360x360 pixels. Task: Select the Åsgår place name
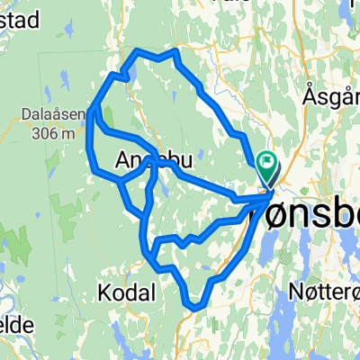pyautogui.click(x=330, y=94)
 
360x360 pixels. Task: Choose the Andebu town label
pyautogui.click(x=154, y=161)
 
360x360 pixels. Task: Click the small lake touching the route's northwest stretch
pyautogui.click(x=129, y=63)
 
